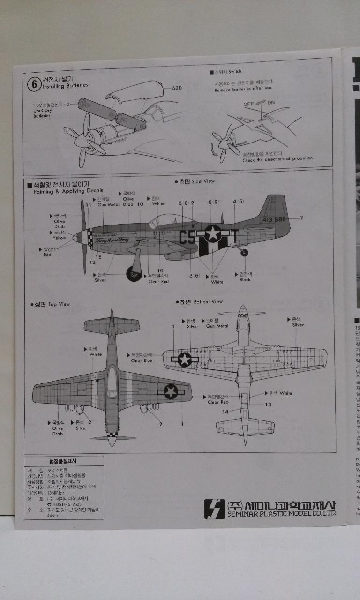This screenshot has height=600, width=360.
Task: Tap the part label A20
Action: coord(177,88)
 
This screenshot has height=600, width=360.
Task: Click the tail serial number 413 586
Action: coord(274,219)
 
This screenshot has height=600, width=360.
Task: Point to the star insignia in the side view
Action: coord(213,234)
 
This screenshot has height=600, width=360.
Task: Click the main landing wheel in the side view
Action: coord(133,273)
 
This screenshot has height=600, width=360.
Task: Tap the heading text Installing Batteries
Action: coord(65,86)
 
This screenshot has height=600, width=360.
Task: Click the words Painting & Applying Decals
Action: coord(68,191)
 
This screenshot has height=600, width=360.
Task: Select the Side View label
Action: coord(203,181)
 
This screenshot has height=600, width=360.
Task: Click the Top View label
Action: coord(59,304)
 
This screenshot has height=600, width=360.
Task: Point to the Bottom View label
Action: coord(208,301)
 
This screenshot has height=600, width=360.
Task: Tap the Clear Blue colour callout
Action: coord(142,360)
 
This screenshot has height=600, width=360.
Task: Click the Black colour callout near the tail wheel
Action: coord(245,280)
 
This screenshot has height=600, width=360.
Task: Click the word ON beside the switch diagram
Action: coord(271,102)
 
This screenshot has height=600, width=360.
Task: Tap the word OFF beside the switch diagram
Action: coord(249,104)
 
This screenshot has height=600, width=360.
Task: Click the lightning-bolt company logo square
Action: coord(214,509)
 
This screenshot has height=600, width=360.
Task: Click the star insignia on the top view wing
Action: coord(171,391)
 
